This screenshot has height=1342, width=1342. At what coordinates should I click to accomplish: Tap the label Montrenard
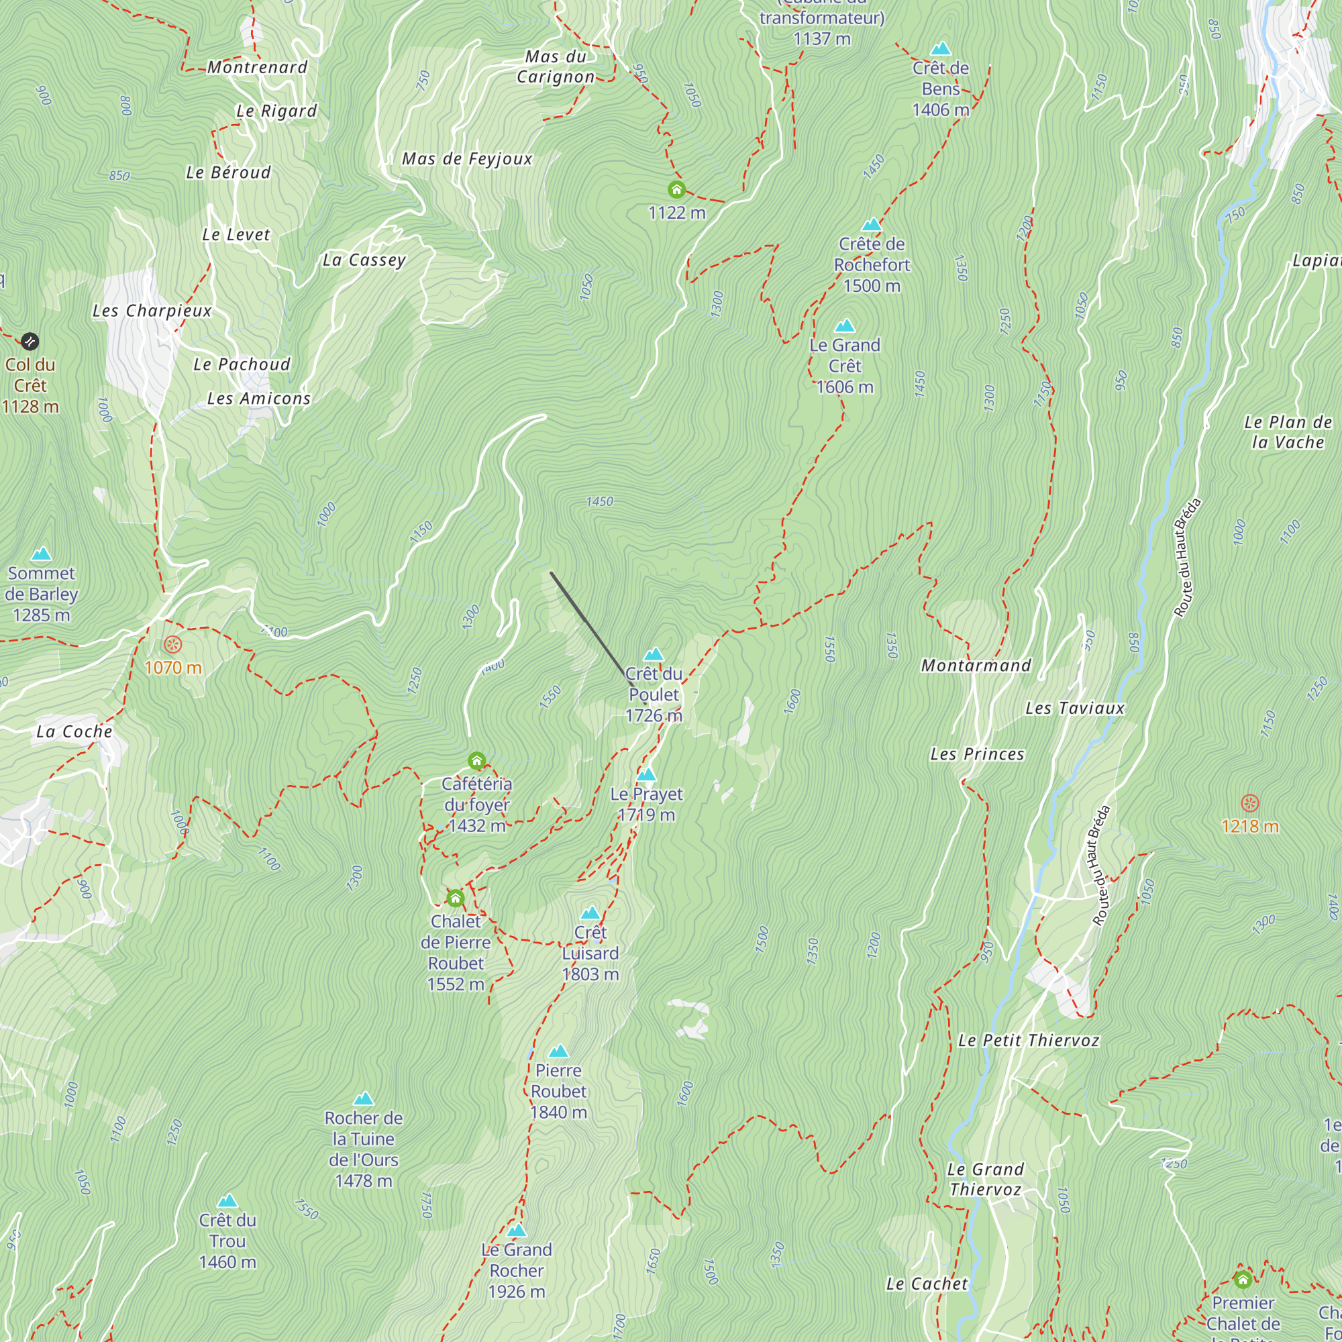coord(257,67)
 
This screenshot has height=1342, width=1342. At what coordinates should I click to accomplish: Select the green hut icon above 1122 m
coord(676,190)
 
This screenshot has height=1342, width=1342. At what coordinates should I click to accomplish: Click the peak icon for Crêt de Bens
coord(941,48)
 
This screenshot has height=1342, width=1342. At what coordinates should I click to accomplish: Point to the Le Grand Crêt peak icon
coord(844,326)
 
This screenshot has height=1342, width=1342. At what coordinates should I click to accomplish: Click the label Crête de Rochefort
coord(871,264)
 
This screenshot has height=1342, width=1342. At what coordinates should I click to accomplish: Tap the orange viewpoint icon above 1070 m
coord(172,645)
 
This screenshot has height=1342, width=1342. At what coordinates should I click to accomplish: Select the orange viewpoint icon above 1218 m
coord(1249,804)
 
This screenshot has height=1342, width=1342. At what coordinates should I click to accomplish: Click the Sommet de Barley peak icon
coord(42,554)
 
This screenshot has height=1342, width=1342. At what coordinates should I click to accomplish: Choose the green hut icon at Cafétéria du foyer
coord(476,761)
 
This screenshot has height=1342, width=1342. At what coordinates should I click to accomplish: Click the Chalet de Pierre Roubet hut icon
coord(455,898)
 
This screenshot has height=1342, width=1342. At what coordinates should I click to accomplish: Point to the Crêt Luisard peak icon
coord(590,913)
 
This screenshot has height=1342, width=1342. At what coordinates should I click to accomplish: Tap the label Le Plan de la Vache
coord(1288,432)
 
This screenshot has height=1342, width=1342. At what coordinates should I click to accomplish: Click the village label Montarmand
coord(976,666)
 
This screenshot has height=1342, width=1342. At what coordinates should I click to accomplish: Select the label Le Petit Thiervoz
coord(1028,1041)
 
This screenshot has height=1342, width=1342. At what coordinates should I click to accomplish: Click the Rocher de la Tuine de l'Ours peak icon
coord(363,1099)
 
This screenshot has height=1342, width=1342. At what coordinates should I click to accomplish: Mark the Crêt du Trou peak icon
coord(227,1201)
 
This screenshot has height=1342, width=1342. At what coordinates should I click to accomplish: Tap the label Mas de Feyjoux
coord(467,159)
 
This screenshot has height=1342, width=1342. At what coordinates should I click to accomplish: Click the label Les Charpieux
coord(152,311)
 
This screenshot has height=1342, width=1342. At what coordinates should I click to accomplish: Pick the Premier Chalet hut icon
coord(1243,1279)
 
